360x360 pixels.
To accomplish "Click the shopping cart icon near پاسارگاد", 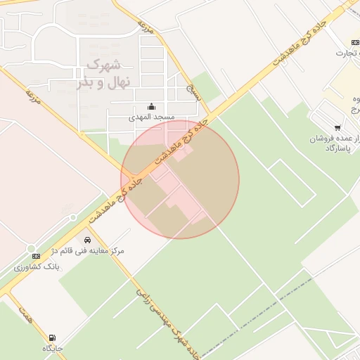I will [337, 128].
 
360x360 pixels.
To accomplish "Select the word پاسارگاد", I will [338, 148].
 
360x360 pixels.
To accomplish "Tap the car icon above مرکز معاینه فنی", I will [87, 240].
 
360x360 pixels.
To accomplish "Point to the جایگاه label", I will [53, 348].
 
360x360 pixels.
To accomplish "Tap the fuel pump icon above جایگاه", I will [53, 337].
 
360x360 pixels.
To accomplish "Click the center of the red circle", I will [180, 179].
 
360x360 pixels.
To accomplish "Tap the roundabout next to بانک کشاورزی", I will [31, 247].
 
